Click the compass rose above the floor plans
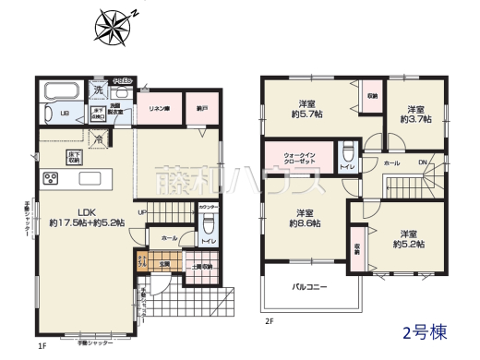(115, 25)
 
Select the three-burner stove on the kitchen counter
(50, 179)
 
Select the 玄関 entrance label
(164, 265)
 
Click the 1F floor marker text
(42, 345)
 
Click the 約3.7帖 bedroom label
(413, 113)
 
